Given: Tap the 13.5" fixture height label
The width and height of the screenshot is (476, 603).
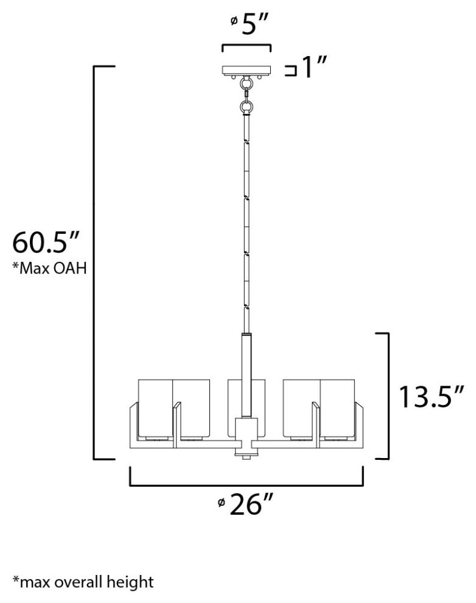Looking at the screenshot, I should click(432, 397).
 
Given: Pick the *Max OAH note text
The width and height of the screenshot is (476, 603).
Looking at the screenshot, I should click(49, 267).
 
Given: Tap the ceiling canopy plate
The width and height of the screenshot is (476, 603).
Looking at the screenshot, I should click(247, 70).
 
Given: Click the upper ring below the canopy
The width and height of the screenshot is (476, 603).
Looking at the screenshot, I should click(247, 83).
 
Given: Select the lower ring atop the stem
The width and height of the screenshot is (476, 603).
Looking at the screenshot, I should click(247, 108).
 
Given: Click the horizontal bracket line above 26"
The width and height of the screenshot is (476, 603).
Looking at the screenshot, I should click(247, 485).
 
